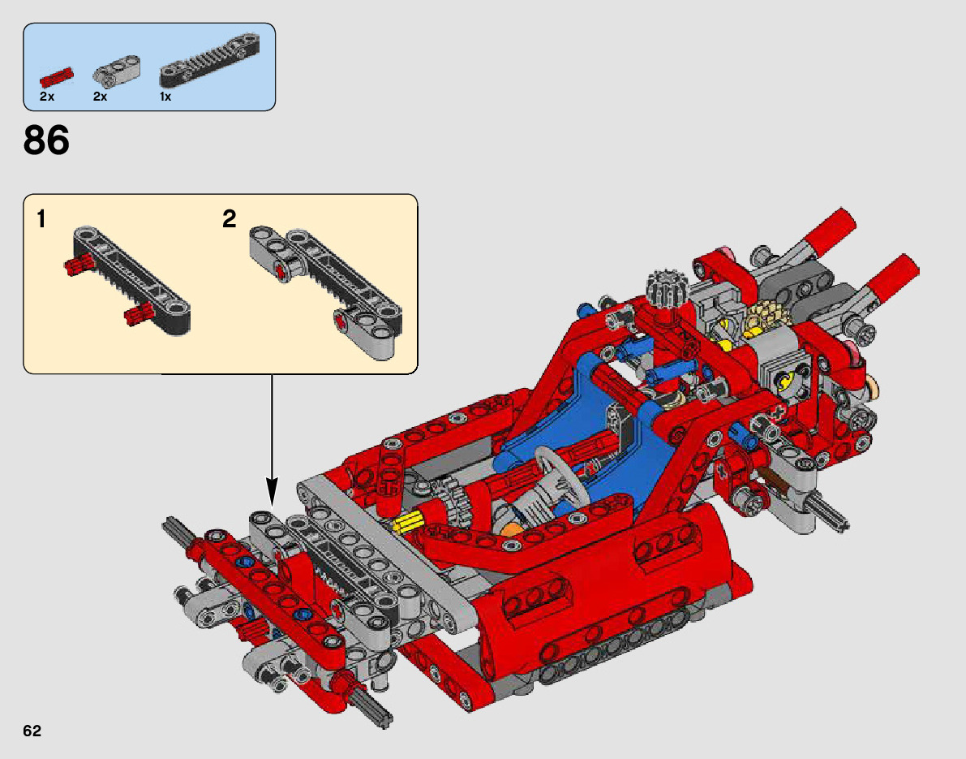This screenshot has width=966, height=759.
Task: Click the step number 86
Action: (46, 140)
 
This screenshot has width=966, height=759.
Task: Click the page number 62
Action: (32, 731)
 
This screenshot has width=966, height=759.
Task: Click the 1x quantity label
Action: (165, 97)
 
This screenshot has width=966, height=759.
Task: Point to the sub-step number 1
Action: (41, 219)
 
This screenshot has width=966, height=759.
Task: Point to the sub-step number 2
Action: (230, 219)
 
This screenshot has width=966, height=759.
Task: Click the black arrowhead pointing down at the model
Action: (272, 492)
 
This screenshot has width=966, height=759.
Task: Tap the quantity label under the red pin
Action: (46, 97)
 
